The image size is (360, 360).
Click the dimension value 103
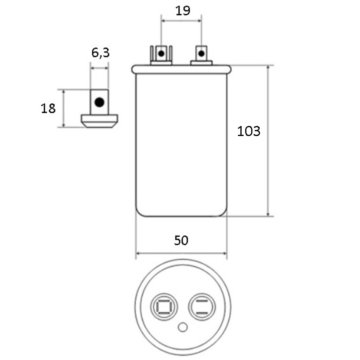point(248,131)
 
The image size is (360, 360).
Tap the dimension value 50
point(181,240)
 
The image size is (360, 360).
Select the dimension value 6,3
point(100,52)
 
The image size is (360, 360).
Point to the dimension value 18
point(48,108)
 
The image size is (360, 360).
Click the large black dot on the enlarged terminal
point(99,102)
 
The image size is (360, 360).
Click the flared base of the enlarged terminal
point(100,120)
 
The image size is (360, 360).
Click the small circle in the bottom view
point(183,328)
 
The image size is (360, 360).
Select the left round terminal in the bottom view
point(163,308)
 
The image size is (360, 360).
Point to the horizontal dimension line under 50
point(181,253)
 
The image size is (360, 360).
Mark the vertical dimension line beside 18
point(64,108)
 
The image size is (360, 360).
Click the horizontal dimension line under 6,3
point(100,68)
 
